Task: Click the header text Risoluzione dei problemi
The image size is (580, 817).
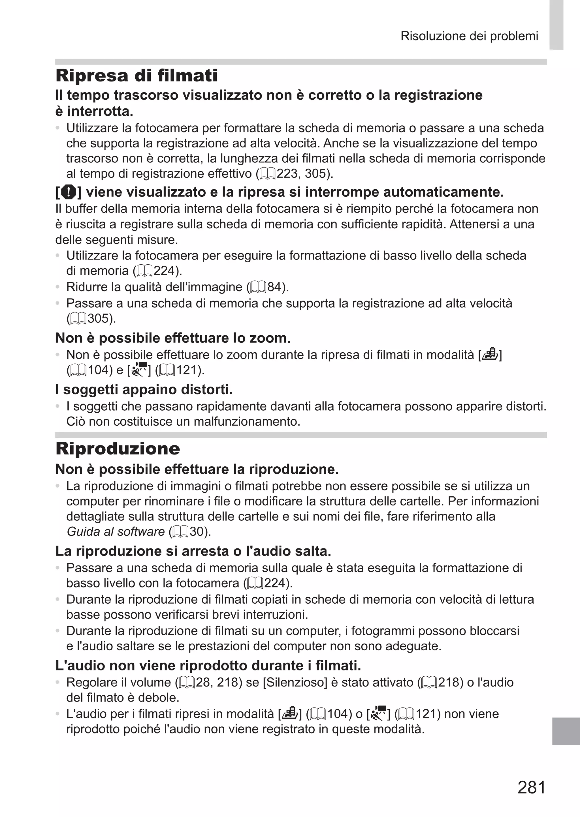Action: (469, 36)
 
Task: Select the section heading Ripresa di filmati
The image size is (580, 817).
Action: (137, 76)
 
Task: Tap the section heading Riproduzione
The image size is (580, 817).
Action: (118, 449)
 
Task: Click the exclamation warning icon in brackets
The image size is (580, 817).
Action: (68, 193)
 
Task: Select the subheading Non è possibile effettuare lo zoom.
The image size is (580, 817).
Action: (173, 338)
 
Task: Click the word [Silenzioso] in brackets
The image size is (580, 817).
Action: (295, 682)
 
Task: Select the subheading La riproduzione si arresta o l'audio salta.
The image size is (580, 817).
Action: (193, 551)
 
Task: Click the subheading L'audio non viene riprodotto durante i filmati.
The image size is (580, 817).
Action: (208, 665)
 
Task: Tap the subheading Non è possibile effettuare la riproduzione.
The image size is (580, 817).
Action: (197, 469)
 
